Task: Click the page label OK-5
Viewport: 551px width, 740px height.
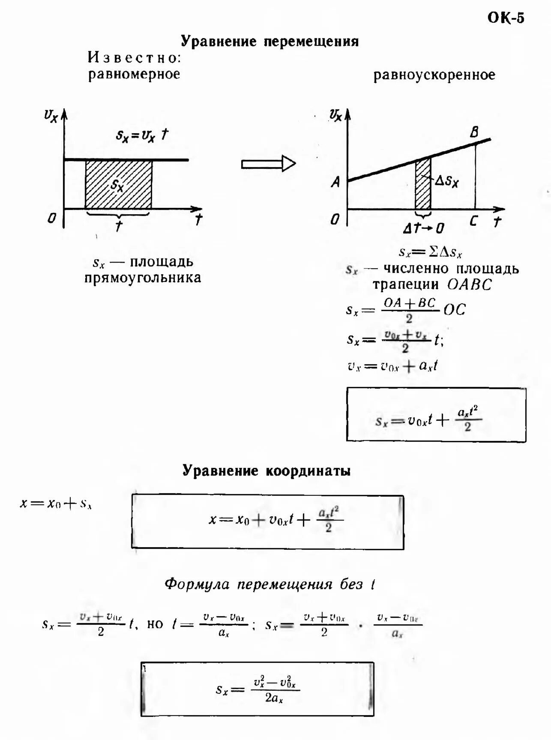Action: (x=506, y=18)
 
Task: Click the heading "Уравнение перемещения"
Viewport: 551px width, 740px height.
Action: (x=270, y=41)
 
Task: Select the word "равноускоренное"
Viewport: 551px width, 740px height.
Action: (x=434, y=75)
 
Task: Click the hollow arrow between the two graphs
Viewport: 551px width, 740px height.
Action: (x=269, y=164)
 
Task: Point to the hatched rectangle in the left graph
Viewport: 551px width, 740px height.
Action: (x=118, y=184)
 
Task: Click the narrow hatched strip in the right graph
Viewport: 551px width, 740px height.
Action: (x=422, y=184)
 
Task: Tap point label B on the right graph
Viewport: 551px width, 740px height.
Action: (x=474, y=132)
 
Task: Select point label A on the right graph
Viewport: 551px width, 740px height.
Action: (x=335, y=183)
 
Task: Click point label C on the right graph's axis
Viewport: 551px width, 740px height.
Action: (x=473, y=222)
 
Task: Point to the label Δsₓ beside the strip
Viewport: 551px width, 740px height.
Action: (x=446, y=182)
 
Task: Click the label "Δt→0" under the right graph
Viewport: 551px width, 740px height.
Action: (x=423, y=228)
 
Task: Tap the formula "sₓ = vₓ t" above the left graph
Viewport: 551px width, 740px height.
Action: (x=142, y=135)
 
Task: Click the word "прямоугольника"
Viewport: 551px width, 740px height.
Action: (x=143, y=278)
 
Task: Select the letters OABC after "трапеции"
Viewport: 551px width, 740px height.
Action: (x=469, y=285)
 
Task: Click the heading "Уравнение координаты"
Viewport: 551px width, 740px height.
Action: (x=267, y=470)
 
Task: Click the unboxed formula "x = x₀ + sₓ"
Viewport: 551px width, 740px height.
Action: (x=56, y=503)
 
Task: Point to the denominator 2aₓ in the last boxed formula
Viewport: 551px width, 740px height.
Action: (x=274, y=698)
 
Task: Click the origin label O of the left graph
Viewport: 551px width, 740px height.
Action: (x=51, y=218)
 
